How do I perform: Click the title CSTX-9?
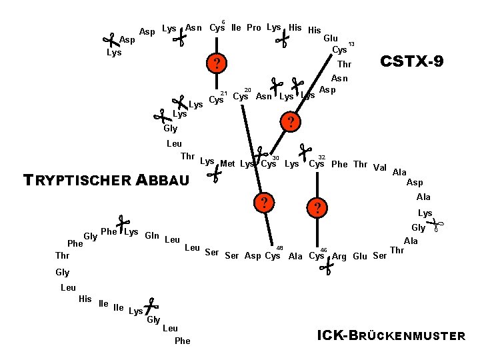(412, 61)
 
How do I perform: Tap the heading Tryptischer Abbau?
(106, 180)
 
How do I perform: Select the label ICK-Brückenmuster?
(391, 335)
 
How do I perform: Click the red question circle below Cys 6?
(217, 63)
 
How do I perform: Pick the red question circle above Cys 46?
(317, 208)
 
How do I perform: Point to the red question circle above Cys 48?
(264, 203)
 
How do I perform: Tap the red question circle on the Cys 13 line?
(291, 121)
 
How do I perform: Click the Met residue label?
(227, 164)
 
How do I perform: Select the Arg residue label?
(339, 256)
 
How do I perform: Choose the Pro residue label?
(254, 27)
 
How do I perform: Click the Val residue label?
(380, 167)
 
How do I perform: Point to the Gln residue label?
(152, 235)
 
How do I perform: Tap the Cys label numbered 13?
(340, 49)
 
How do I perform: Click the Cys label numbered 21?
(217, 99)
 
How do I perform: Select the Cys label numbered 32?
(317, 164)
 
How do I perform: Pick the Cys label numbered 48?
(273, 255)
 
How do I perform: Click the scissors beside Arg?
(326, 266)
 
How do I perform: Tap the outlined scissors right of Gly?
(435, 225)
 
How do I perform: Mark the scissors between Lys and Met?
(214, 174)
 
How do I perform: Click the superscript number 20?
(247, 90)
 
